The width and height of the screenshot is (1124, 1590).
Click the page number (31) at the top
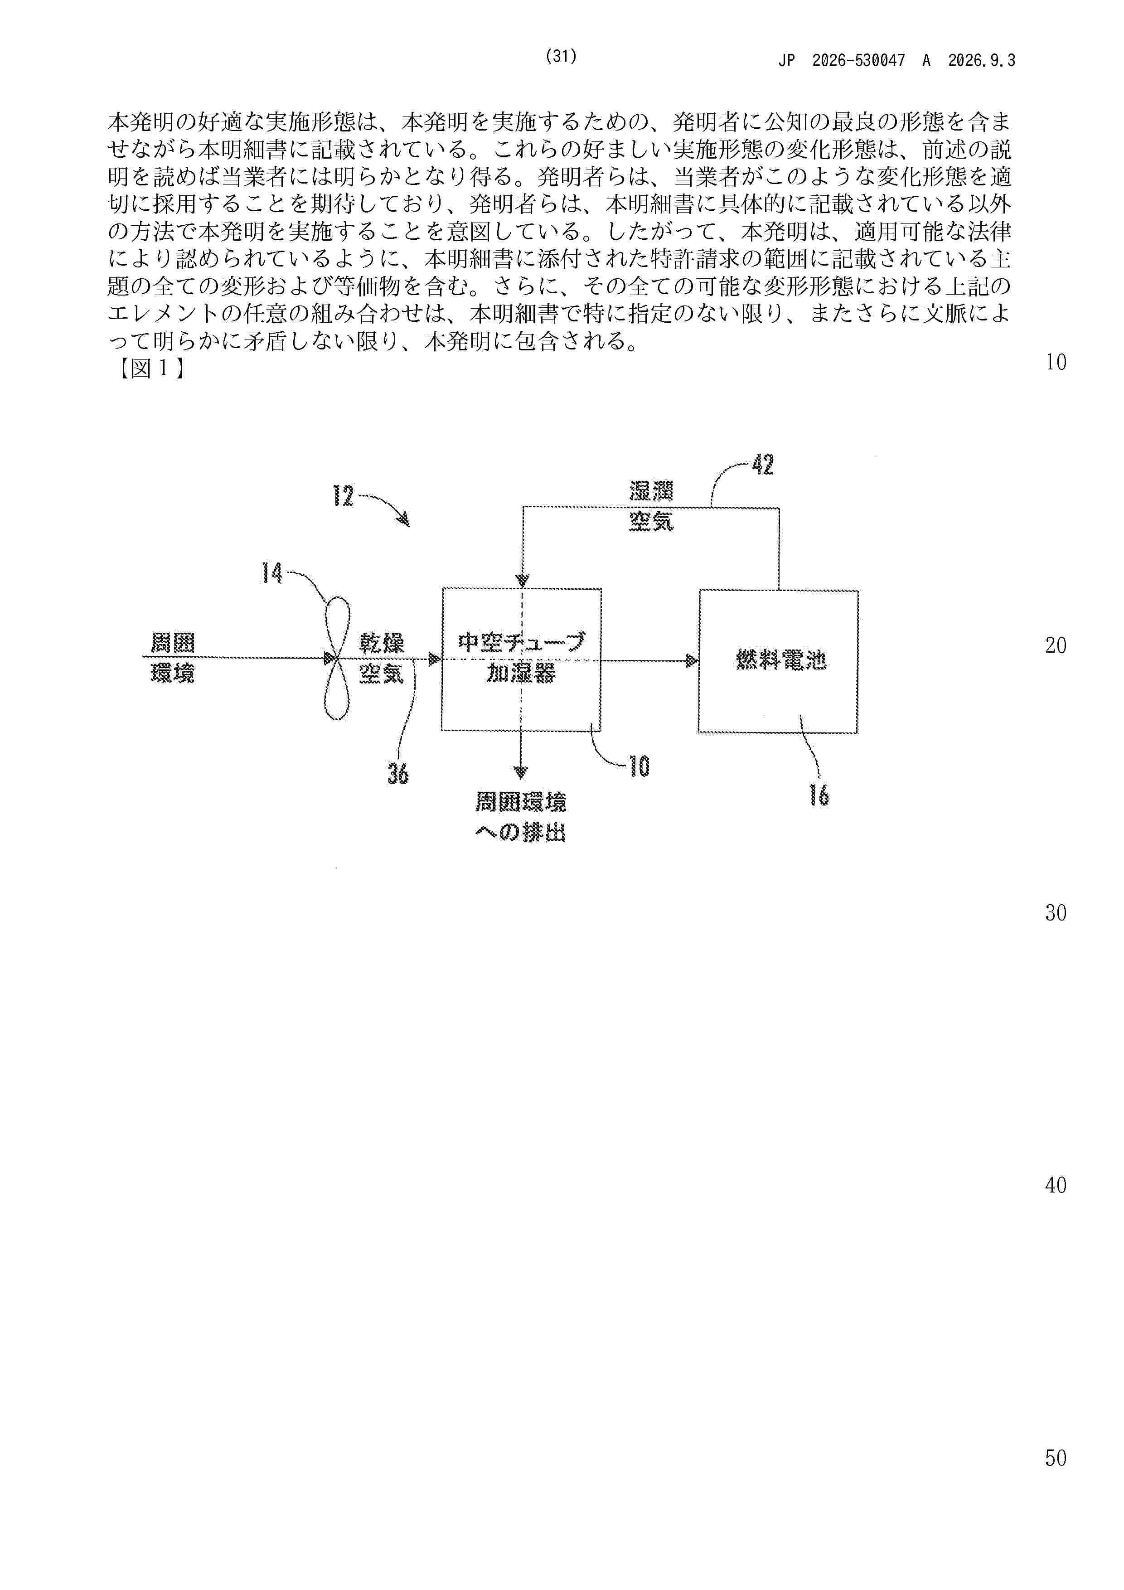(561, 57)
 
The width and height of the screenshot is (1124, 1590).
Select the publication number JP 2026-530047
(842, 61)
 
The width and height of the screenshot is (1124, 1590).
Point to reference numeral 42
(762, 465)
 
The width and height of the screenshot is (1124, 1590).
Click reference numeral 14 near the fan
(271, 573)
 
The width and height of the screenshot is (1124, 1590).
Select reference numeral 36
(397, 773)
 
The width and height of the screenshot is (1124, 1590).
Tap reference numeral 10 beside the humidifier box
(639, 766)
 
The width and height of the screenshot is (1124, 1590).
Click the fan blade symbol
(337, 659)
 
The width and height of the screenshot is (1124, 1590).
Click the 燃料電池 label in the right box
(780, 661)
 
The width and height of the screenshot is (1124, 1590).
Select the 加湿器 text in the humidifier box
(521, 673)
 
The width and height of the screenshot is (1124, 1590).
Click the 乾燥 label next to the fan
(381, 643)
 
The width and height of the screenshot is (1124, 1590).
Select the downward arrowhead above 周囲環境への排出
(521, 773)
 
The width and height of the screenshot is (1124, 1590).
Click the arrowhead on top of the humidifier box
(522, 580)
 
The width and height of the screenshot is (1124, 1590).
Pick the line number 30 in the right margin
(1056, 913)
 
